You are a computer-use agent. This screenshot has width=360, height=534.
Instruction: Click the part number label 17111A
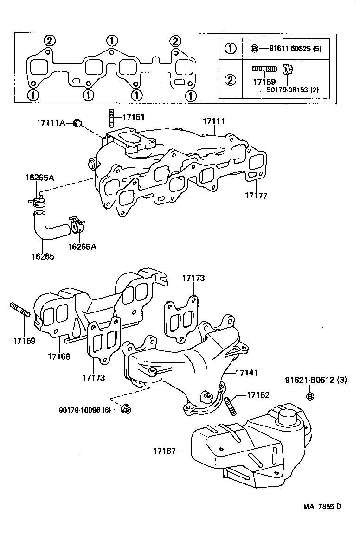pyautogui.click(x=51, y=123)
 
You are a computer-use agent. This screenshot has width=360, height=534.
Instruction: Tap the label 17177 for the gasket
pyautogui.click(x=256, y=196)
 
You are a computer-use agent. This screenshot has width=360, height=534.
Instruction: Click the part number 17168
pyautogui.click(x=58, y=356)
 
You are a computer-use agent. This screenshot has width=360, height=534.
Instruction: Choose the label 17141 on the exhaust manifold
pyautogui.click(x=246, y=372)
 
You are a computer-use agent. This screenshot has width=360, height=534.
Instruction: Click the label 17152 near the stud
pyautogui.click(x=258, y=395)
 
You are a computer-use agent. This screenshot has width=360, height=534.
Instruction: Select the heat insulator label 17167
pyautogui.click(x=164, y=450)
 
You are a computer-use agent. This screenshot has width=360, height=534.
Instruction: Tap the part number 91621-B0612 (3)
pyautogui.click(x=315, y=380)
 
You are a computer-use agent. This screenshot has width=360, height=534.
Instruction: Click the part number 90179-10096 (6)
pyautogui.click(x=84, y=409)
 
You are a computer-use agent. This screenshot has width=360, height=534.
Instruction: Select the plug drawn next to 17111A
pyautogui.click(x=77, y=123)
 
